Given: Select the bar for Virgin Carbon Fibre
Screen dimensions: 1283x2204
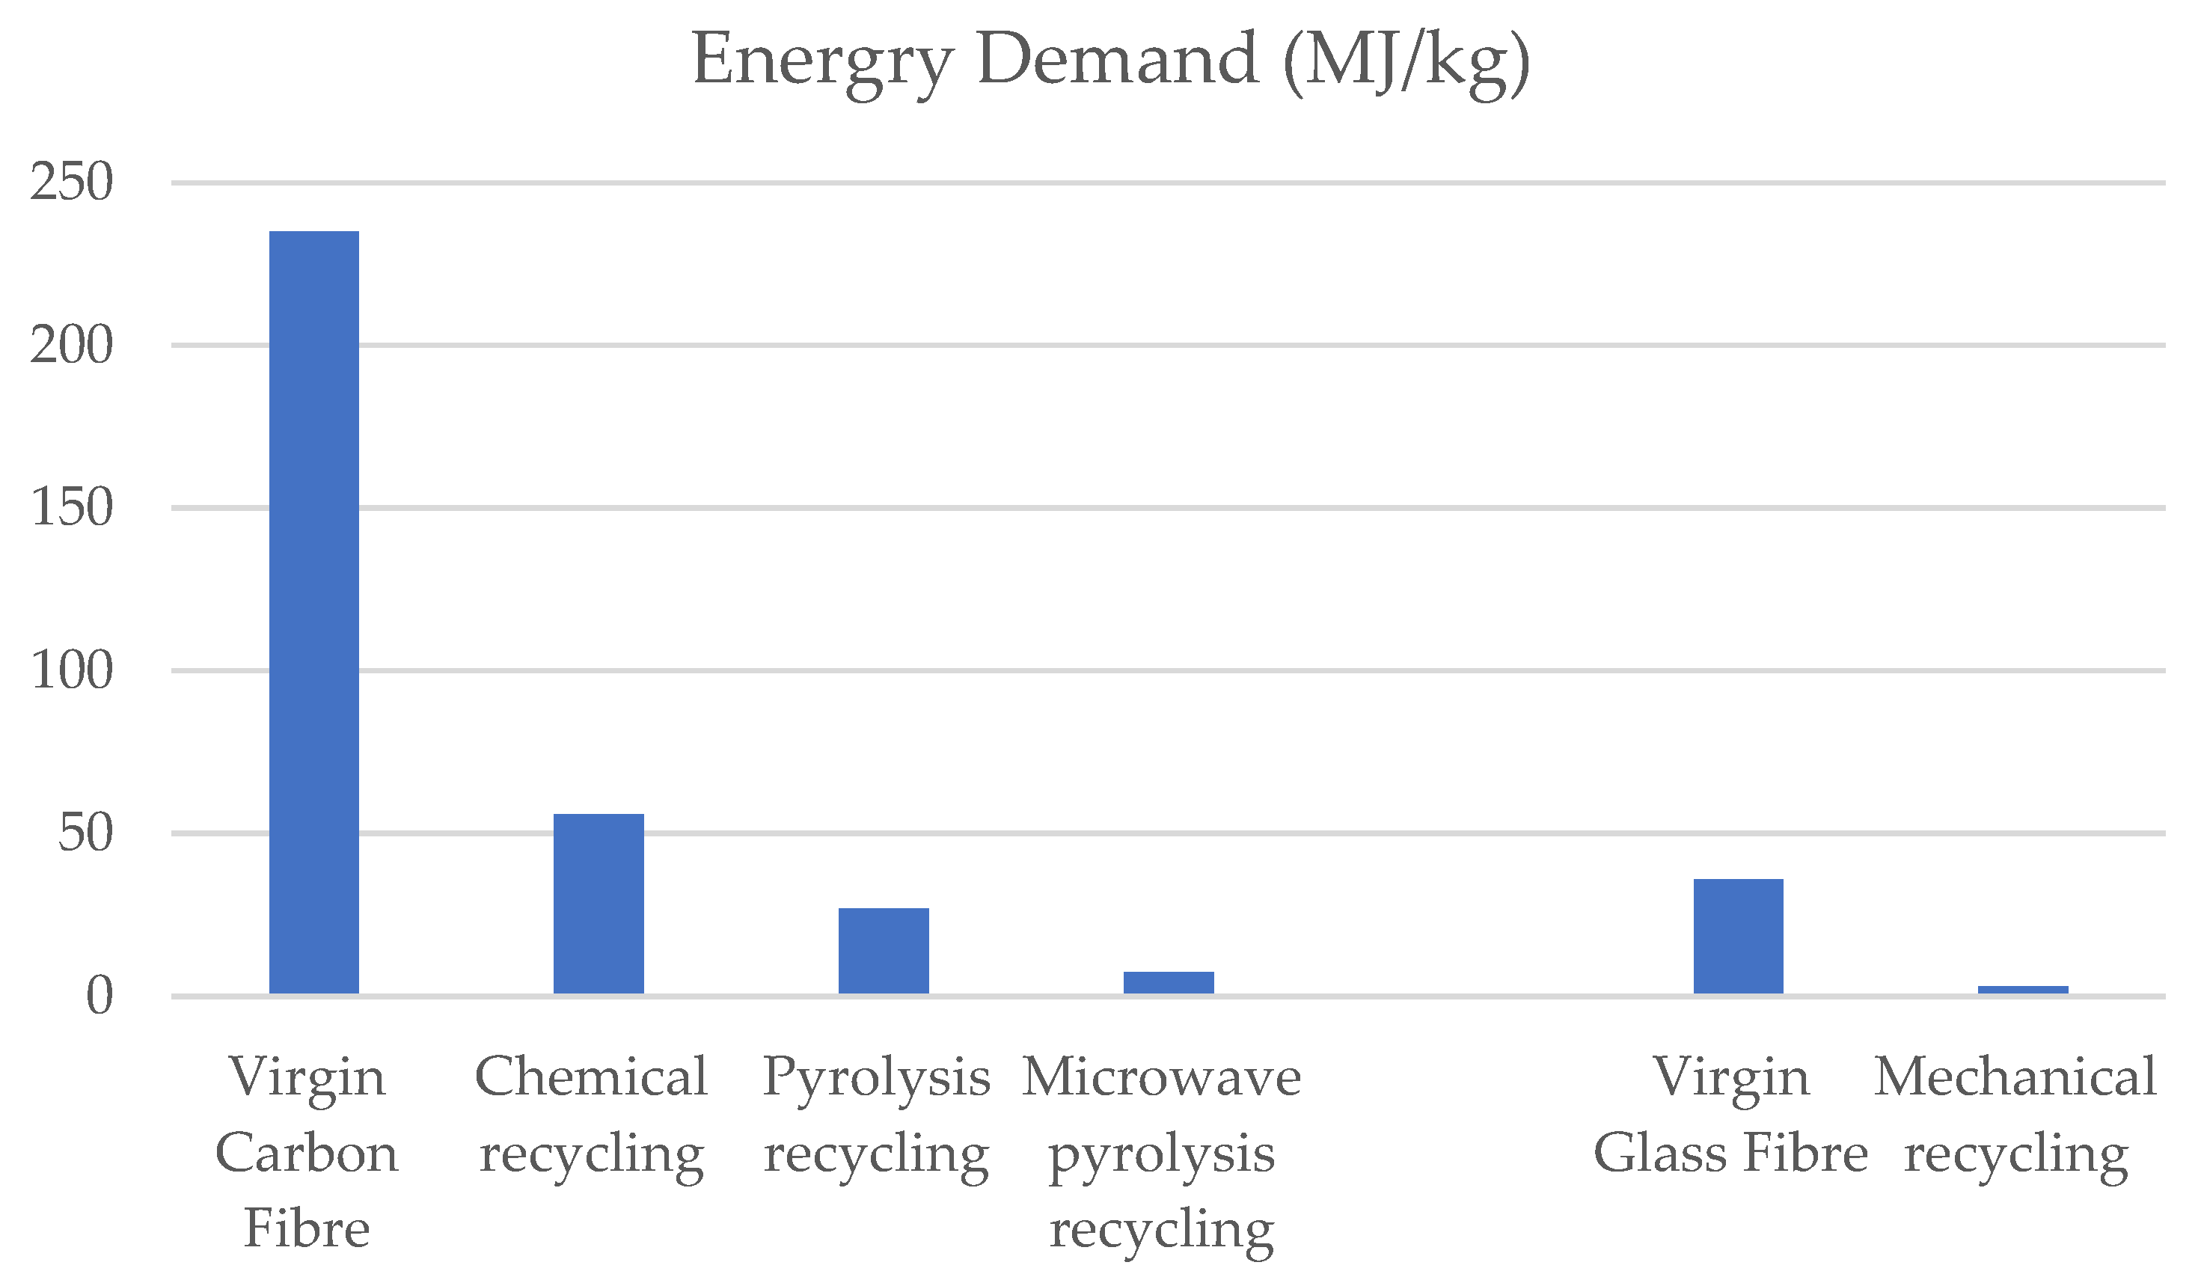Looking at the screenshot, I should click(314, 612).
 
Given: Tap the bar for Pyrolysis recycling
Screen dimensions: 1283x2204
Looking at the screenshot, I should click(884, 951).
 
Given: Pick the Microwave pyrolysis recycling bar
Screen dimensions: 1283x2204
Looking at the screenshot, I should click(1169, 983).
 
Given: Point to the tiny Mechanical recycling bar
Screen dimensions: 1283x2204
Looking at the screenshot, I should click(2023, 990).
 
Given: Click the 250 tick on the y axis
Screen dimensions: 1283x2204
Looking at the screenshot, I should click(72, 182).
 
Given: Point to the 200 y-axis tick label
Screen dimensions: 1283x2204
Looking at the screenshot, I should click(72, 345).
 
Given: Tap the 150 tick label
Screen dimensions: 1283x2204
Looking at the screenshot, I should click(72, 507).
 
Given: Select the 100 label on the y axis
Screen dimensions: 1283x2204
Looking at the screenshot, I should click(72, 671).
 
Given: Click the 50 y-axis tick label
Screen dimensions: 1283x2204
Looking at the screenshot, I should click(86, 833).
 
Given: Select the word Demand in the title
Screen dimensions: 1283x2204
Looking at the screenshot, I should click(1118, 59).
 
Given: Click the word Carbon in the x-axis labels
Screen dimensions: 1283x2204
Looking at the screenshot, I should click(306, 1153).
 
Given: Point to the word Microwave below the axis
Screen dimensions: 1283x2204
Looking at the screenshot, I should click(1161, 1077).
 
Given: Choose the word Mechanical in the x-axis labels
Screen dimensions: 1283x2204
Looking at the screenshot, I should click(2015, 1077).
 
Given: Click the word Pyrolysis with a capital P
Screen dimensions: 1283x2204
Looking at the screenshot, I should click(876, 1078).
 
